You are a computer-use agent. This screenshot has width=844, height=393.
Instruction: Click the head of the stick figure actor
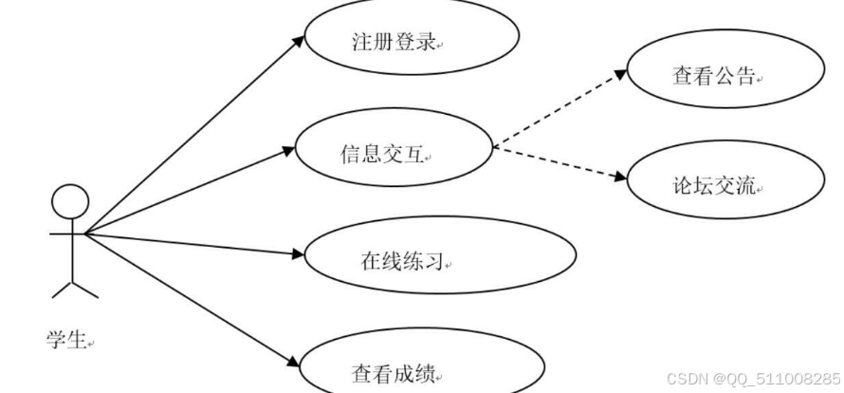(69, 202)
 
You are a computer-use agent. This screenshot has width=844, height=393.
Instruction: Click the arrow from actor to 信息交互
(190, 191)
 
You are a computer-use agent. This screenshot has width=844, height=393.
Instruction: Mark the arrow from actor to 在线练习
(190, 243)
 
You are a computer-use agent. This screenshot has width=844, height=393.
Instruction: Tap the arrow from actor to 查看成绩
(190, 299)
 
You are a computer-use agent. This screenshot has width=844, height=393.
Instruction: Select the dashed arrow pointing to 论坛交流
(560, 163)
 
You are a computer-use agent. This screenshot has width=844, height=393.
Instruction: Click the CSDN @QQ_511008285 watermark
(753, 377)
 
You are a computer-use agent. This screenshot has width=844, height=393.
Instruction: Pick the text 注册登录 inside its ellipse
(392, 44)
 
